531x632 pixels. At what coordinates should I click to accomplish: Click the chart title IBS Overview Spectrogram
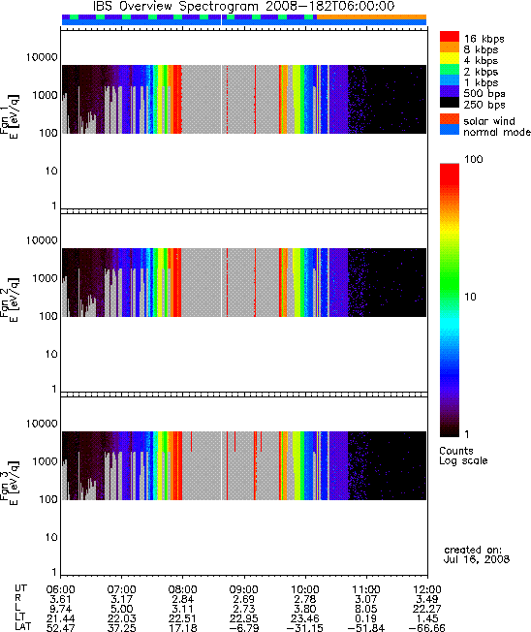coord(175,7)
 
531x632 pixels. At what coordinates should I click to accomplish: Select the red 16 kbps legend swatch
coord(450,37)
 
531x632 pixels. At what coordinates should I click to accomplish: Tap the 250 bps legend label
coord(484,105)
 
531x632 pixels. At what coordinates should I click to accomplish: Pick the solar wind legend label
coord(489,121)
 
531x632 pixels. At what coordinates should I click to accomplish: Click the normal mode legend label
coord(497,132)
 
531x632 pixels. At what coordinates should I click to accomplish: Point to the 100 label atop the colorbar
coord(474,159)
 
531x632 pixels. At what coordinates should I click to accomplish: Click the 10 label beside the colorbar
coord(471,297)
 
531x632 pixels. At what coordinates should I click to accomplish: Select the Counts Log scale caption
coord(463,456)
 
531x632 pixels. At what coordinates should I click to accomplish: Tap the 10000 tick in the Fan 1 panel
coord(42,57)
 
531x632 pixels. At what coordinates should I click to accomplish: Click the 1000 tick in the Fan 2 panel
coord(46,278)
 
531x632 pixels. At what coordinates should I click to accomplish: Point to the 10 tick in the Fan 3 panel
coord(51,537)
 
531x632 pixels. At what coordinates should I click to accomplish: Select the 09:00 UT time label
coord(244,589)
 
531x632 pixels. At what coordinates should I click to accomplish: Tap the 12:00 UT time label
coord(427,589)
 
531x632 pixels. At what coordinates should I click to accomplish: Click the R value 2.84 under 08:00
coord(182,599)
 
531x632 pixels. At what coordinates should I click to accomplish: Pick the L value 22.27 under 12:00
coord(427,609)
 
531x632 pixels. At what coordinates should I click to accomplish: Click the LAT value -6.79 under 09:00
coord(244,627)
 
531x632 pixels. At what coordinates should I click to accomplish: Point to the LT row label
coord(20,617)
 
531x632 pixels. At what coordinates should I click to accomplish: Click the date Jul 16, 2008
coord(477,559)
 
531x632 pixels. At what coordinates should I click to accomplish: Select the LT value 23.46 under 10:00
coord(304,617)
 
